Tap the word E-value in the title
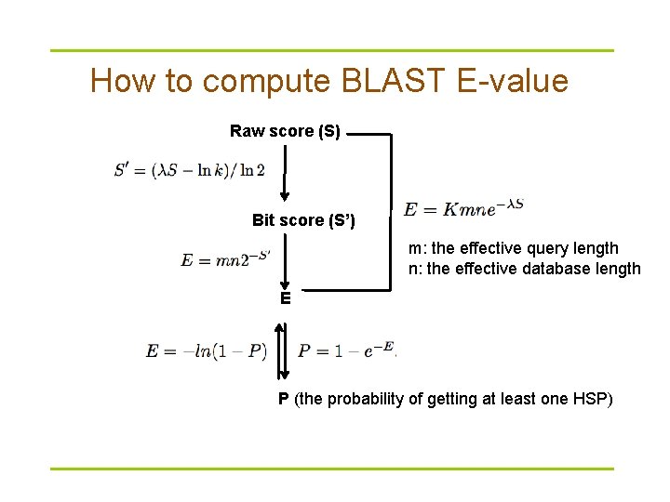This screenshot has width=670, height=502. tap(513, 82)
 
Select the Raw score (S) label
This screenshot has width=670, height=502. tap(285, 131)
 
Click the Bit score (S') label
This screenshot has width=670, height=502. tap(303, 220)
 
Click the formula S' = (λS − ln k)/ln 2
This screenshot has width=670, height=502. tap(189, 170)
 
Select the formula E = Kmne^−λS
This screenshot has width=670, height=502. tap(463, 209)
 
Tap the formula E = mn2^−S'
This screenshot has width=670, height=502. tap(227, 259)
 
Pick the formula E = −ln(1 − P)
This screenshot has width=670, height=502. tap(207, 350)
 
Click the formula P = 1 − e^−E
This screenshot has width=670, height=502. tap(347, 350)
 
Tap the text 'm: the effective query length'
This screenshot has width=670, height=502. tap(513, 248)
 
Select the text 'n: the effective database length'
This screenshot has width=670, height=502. tap(524, 270)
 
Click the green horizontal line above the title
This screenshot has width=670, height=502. tap(331, 50)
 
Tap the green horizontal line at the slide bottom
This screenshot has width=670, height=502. tap(331, 468)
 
